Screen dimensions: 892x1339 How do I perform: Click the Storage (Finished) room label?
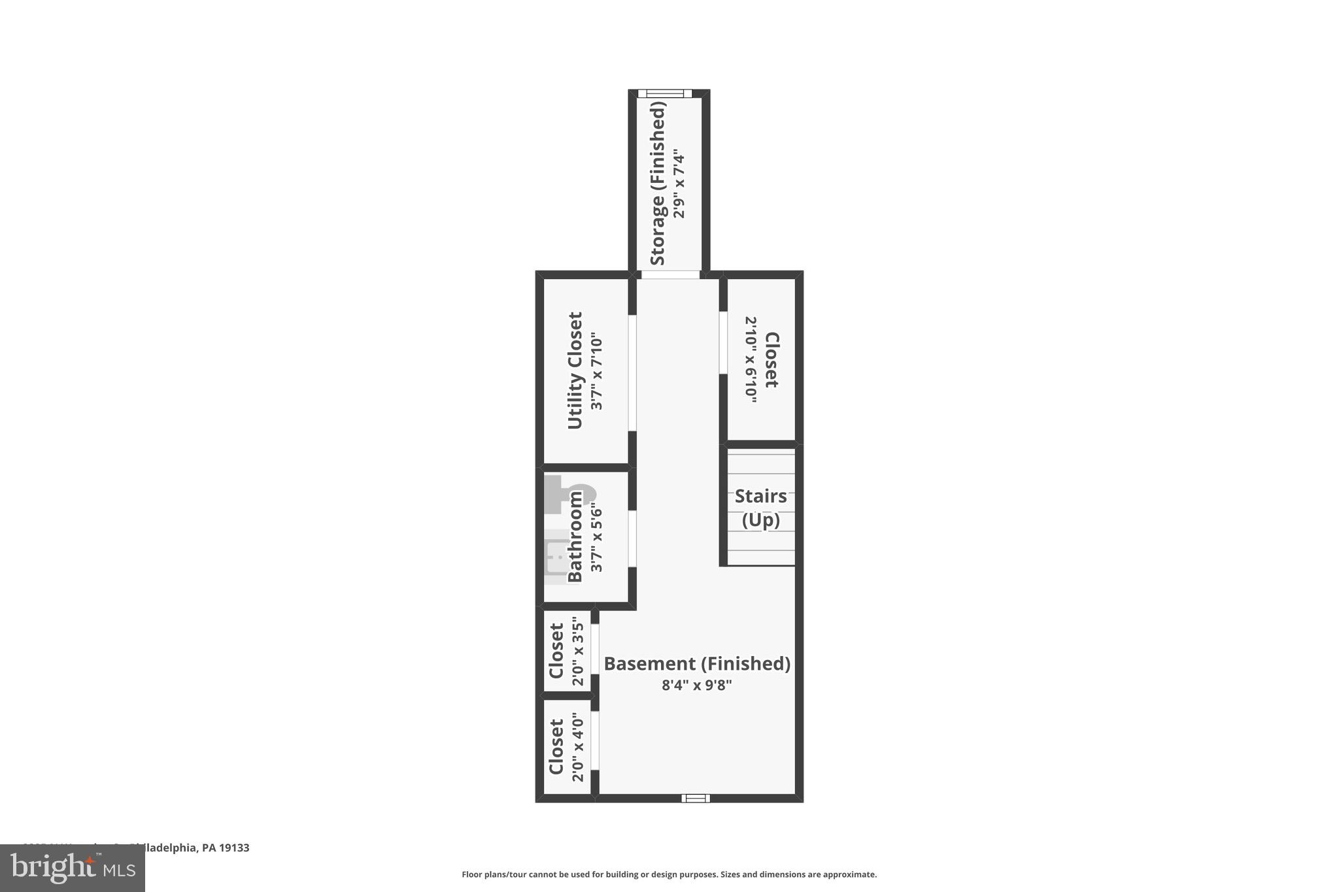pos(658,184)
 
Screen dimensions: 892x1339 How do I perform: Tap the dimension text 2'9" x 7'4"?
pos(679,186)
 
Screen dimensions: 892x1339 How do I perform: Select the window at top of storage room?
pos(665,93)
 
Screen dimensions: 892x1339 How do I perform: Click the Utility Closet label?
pos(575,371)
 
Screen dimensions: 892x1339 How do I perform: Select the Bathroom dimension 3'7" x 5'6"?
pos(596,537)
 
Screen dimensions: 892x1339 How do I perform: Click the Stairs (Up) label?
pos(760,508)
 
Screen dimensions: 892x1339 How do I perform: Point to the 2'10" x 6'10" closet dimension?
pos(751,360)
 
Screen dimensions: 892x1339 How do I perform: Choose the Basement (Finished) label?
pos(697,664)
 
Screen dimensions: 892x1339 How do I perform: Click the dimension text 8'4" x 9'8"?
pos(696,686)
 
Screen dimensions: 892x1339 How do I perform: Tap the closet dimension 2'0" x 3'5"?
pos(577,651)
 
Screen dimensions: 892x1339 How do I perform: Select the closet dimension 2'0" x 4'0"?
pos(577,747)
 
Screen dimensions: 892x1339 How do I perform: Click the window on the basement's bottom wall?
pos(696,798)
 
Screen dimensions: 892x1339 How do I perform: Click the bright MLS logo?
pos(73,868)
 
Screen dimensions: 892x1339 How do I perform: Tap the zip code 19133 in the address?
pos(235,848)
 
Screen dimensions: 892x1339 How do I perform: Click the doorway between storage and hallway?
pos(669,274)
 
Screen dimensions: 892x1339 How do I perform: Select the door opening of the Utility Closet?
pos(632,373)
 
